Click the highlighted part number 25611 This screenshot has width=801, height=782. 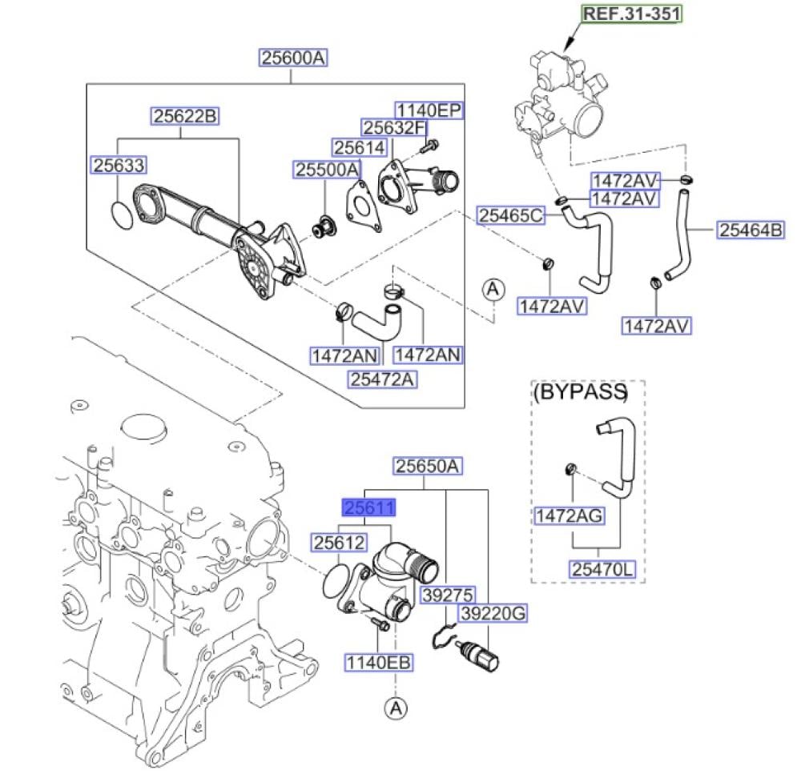coord(369,507)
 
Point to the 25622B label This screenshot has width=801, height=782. coord(185,117)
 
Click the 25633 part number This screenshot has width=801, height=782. coord(118,165)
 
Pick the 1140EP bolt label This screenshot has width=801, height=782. coord(428,110)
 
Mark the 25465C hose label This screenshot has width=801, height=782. coord(511,215)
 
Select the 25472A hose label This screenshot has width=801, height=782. coord(382,379)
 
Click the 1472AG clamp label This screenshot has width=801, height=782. coord(570,515)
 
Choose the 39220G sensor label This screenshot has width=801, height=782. coord(492,614)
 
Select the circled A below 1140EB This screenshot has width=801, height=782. coord(393,707)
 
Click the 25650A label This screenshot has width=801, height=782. coord(428,466)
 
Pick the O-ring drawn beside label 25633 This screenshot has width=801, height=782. coord(122,215)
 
